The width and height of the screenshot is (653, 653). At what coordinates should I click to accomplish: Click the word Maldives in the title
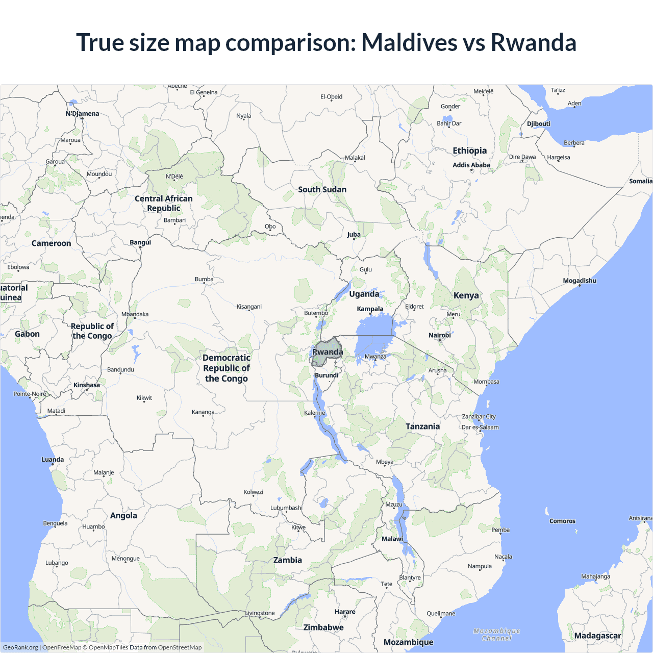(x=409, y=42)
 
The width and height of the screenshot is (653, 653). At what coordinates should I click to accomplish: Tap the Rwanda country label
(x=328, y=352)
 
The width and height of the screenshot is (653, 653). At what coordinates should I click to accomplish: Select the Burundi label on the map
(x=326, y=375)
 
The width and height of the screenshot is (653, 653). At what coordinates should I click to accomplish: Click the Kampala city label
(x=370, y=309)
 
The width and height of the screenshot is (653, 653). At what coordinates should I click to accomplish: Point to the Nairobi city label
(x=439, y=335)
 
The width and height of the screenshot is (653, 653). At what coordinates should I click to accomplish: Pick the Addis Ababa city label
(x=471, y=165)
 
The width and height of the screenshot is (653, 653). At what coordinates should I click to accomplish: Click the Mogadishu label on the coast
(x=580, y=281)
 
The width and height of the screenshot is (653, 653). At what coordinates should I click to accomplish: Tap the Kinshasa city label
(x=87, y=385)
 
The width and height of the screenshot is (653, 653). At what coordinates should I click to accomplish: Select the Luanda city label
(x=53, y=460)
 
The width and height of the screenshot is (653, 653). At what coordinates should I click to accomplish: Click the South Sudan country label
(x=322, y=190)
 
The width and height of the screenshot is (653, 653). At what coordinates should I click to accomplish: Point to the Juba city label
(x=354, y=235)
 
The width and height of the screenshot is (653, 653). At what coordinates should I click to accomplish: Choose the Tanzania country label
(x=422, y=426)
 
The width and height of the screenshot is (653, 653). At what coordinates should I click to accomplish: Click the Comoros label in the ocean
(x=562, y=521)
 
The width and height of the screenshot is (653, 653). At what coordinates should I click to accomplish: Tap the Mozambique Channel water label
(x=497, y=635)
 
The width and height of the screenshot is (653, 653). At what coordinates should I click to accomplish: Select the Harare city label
(x=345, y=612)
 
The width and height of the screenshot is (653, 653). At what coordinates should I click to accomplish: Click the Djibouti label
(x=539, y=124)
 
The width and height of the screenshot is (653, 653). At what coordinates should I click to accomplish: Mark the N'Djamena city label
(x=82, y=114)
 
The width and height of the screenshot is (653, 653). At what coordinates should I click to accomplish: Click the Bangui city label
(x=140, y=242)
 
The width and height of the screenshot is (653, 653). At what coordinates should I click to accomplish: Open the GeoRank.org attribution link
(x=20, y=647)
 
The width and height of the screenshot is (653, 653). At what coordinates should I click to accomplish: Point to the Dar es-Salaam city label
(x=480, y=428)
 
